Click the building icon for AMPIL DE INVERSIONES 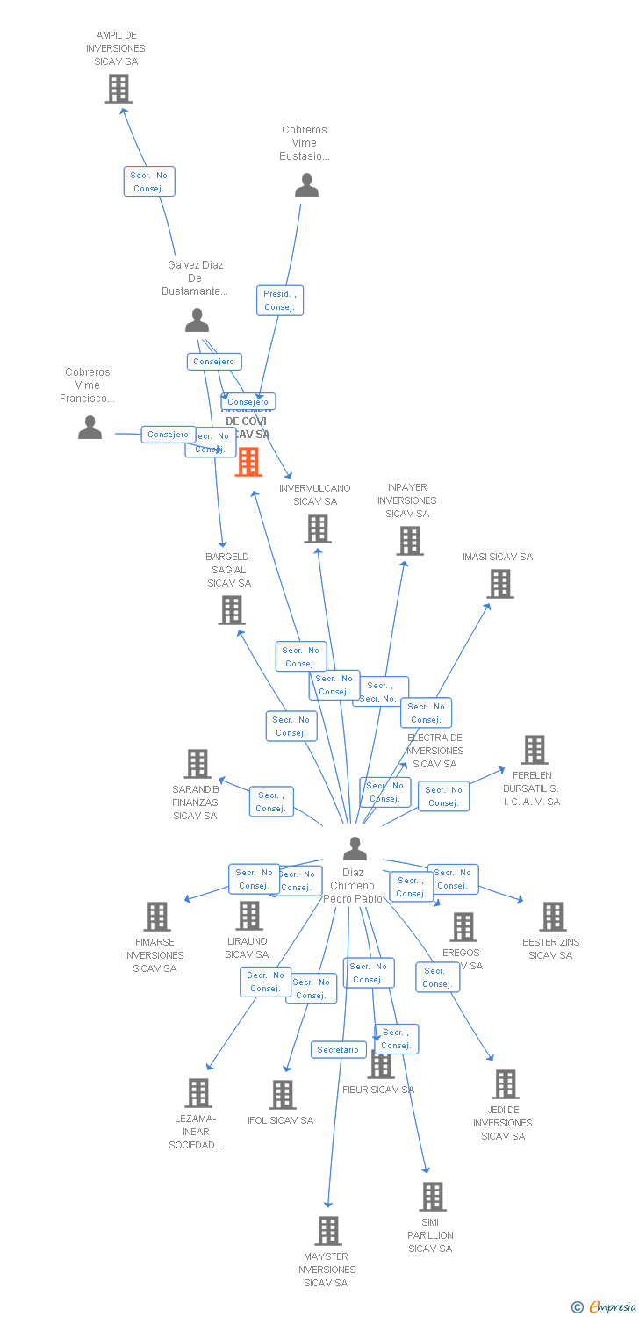coord(118,89)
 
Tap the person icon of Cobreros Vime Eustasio coord(306,185)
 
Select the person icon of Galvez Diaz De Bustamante coord(197,320)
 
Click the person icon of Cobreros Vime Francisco coord(90,428)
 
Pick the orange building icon coord(248,462)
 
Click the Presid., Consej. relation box coord(280,300)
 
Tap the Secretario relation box coord(338,1049)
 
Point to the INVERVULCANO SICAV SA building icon coord(318,529)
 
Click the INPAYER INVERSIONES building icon coord(410,541)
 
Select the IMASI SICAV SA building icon coord(500,584)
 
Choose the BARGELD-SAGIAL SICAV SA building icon coord(232,610)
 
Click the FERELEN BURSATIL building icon coord(535,750)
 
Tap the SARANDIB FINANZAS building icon coord(197,764)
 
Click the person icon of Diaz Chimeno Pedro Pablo coord(355,849)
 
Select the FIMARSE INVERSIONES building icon coord(157,917)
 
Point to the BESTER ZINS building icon coord(553,917)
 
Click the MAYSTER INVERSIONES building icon coord(328,1231)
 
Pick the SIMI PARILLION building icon coord(432,1197)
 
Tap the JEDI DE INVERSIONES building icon coord(506,1084)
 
